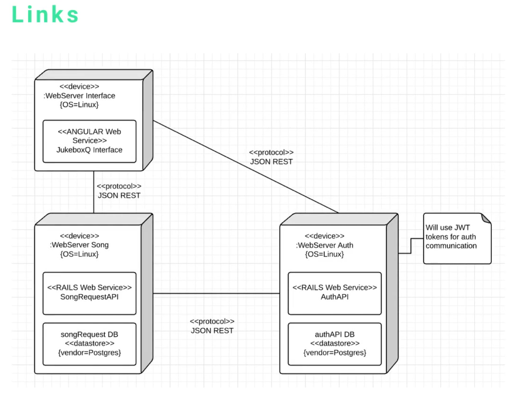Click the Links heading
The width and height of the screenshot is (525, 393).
[x=45, y=15]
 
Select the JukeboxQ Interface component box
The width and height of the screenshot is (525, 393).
[x=89, y=141]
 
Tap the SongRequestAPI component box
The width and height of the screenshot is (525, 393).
[x=89, y=293]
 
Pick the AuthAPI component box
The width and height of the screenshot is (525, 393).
[x=334, y=293]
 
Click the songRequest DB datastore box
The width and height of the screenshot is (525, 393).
[x=89, y=344]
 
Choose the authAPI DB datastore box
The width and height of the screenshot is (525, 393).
[x=334, y=344]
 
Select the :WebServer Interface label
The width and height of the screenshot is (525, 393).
[x=79, y=96]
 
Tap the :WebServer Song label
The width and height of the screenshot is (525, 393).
[x=79, y=245]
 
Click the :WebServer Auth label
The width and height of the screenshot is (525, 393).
[x=325, y=246]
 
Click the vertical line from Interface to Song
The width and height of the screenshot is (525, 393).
[x=94, y=192]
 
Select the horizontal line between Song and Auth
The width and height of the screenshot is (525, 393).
[x=217, y=293]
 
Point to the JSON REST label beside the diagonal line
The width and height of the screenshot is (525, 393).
[x=271, y=162]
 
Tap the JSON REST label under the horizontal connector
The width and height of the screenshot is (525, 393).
[x=212, y=331]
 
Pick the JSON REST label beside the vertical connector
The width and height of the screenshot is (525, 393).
[x=119, y=195]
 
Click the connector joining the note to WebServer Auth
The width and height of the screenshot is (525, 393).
[x=411, y=246]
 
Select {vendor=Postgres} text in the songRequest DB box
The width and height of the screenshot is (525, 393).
[x=89, y=353]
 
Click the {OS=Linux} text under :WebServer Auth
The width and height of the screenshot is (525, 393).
[x=324, y=254]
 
